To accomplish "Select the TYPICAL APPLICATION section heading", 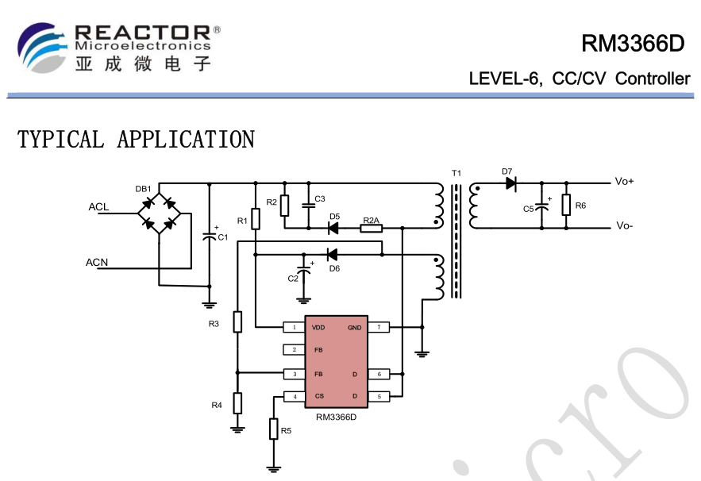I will [x=136, y=140].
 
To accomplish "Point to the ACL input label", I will [x=98, y=207].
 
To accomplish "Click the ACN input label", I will [x=97, y=262].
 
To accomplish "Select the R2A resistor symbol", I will [x=371, y=229].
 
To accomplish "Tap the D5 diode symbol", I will [x=333, y=229].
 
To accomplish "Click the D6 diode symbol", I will [x=332, y=254].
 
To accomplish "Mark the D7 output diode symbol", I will [x=509, y=183].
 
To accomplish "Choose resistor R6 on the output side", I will [x=566, y=206].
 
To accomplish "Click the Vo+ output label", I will [x=625, y=182].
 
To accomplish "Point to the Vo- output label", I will [x=624, y=226].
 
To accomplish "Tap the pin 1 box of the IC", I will [x=295, y=327].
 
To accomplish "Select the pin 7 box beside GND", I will [x=379, y=327].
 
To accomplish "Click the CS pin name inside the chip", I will [x=319, y=396].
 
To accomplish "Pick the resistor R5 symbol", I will [x=274, y=429].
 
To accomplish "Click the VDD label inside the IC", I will [x=318, y=327].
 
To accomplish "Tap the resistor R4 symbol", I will [x=237, y=403].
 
